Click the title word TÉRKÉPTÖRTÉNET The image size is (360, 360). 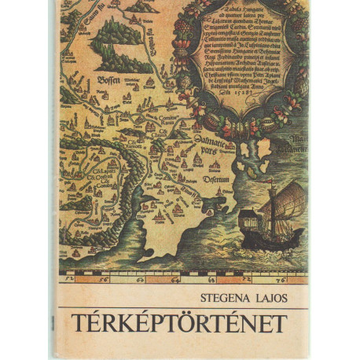click(180, 322)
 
